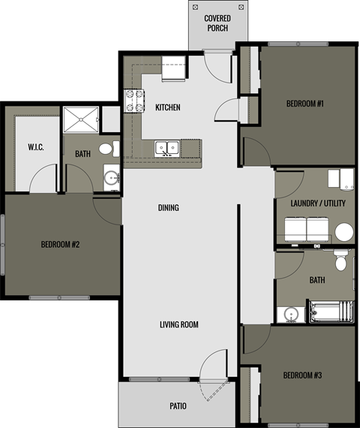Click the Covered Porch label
coord(217,23)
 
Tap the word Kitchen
coord(167,107)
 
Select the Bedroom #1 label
coord(304,104)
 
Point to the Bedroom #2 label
coord(60,245)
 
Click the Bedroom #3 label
coord(303,375)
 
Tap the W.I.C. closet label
coord(36,147)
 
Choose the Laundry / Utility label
coord(316,203)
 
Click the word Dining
coord(168,207)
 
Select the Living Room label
coord(178,324)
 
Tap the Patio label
coord(178,406)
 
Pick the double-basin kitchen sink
coord(166,146)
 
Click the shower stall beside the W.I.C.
coord(80,119)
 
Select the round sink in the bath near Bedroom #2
coord(111,179)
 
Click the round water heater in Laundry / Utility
coord(343,231)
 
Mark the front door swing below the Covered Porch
coord(219,67)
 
